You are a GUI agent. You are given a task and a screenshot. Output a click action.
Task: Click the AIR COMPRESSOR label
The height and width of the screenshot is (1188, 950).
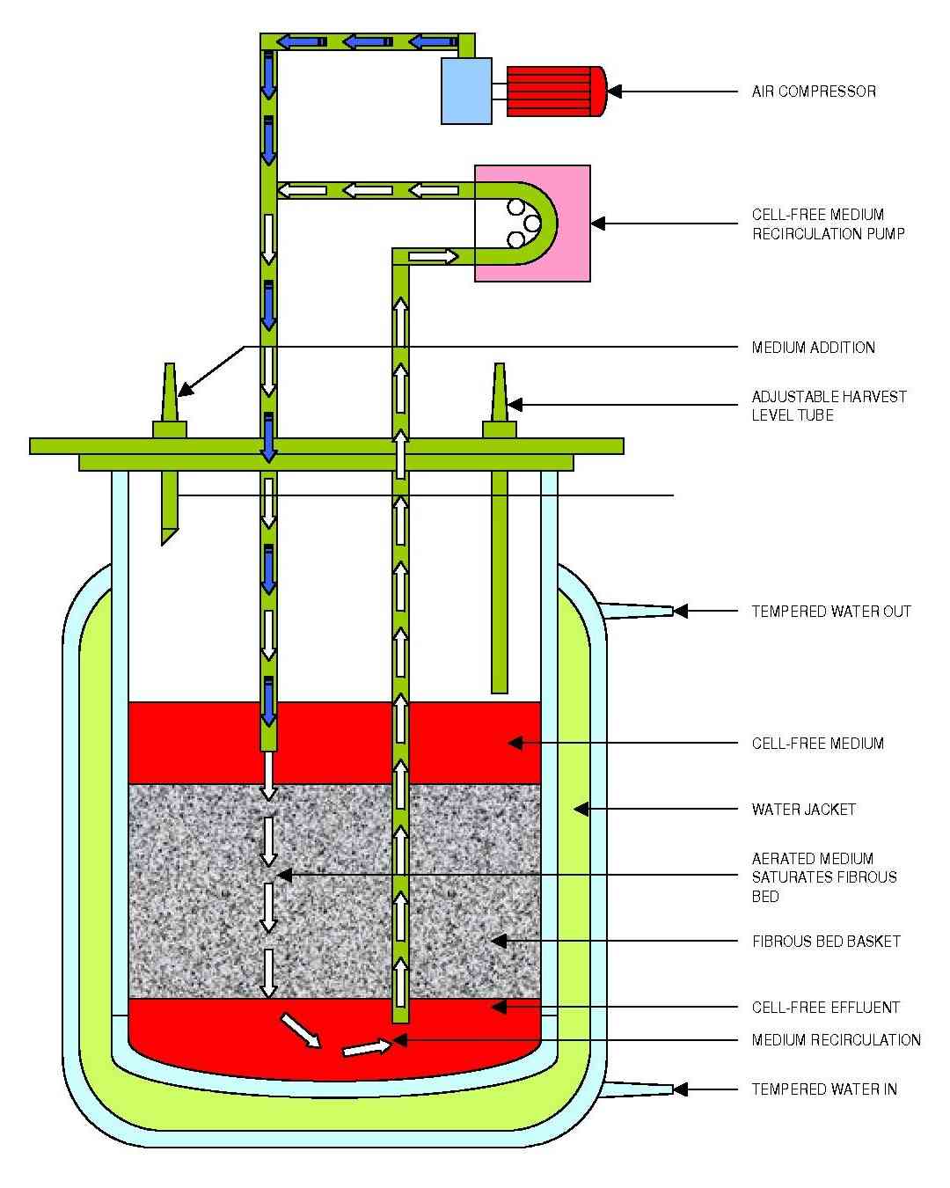coord(813,92)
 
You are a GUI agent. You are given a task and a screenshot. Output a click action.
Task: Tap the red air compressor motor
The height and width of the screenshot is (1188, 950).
coord(556,92)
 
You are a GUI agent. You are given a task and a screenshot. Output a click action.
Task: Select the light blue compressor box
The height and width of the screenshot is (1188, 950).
coord(466,92)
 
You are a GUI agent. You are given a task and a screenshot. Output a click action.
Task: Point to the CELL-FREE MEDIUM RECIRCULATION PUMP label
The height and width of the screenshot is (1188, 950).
coord(828,224)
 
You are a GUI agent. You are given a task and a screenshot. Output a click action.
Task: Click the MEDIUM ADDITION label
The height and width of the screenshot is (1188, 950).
coord(813,348)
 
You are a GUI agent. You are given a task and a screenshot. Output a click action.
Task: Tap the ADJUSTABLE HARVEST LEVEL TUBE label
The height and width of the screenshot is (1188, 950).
coord(829,405)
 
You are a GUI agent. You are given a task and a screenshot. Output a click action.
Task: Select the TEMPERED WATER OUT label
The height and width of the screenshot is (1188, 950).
coord(830,611)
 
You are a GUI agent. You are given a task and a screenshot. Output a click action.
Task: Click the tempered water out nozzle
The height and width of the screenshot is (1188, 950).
coord(639,611)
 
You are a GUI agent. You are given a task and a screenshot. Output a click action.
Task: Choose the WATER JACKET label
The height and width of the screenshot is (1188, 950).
coord(803,810)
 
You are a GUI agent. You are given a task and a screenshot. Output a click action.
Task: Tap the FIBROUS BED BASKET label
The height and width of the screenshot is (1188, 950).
coord(826,942)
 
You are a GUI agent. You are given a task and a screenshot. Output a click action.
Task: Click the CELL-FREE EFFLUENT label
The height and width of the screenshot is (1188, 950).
coord(825,1007)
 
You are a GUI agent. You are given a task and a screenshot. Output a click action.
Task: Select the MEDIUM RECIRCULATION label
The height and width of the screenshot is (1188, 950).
coord(836,1040)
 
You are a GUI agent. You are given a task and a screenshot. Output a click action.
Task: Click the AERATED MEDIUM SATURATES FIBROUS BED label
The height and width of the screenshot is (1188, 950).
coord(823,877)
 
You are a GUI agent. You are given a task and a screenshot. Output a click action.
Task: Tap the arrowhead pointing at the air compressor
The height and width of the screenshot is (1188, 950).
coord(614,92)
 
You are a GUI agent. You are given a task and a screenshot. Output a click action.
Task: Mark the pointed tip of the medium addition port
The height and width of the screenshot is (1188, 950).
coord(170,364)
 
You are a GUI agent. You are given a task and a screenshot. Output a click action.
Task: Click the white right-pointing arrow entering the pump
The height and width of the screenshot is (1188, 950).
coord(434,256)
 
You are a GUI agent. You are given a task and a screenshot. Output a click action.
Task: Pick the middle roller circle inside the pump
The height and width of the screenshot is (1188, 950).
coord(532,224)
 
